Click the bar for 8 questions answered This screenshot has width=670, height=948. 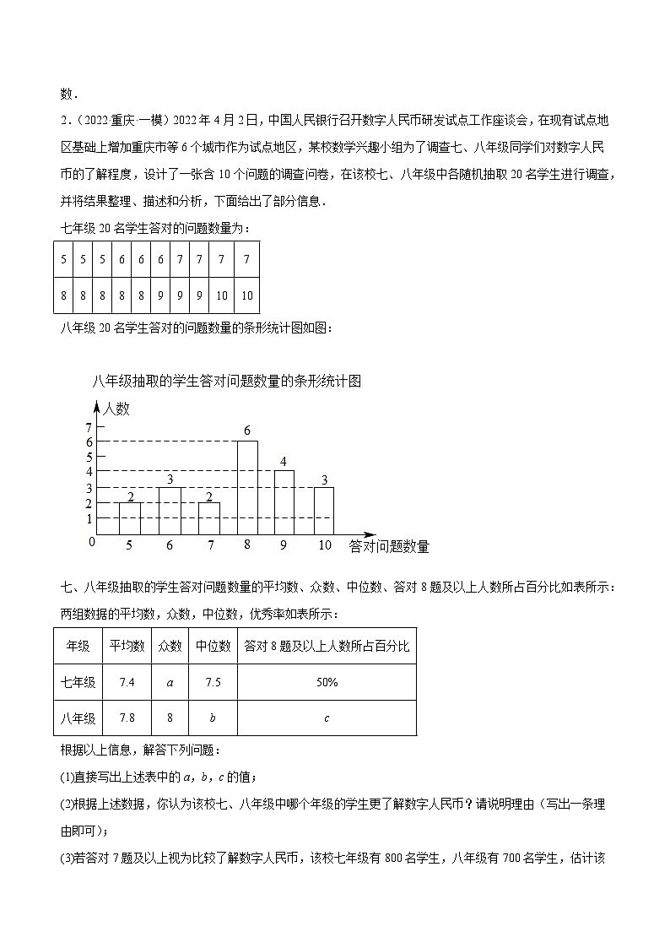(247, 487)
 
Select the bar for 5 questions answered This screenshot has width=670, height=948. (129, 518)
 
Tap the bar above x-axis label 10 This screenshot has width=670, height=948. (324, 511)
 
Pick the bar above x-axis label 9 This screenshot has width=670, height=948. (284, 502)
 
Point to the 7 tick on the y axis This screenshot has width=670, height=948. (89, 428)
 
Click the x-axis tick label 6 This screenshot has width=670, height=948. (170, 546)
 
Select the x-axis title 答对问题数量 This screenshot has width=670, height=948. (389, 547)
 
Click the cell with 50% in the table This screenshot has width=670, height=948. (327, 682)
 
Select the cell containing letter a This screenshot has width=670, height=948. (170, 682)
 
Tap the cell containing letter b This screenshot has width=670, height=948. (213, 718)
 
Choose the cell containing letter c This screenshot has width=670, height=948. (327, 718)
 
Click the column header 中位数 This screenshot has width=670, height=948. (213, 646)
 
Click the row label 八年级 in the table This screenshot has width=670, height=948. (78, 718)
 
